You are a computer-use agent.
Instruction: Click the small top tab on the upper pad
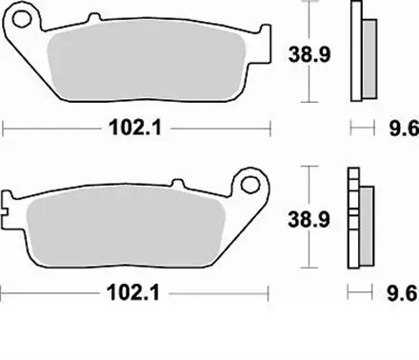[91, 20]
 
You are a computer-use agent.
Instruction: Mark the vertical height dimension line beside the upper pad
[307, 52]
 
